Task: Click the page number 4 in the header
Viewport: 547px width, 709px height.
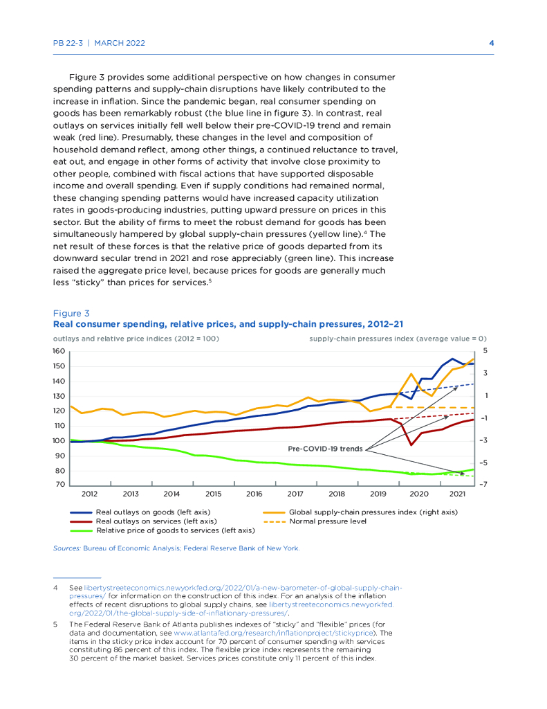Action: [491, 43]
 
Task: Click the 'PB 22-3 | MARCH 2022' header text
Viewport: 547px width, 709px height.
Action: [99, 43]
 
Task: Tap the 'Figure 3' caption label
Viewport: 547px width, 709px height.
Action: [71, 313]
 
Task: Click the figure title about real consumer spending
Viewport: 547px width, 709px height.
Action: [228, 323]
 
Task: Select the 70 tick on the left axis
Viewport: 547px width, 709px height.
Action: [61, 485]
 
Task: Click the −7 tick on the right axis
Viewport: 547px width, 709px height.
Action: [486, 485]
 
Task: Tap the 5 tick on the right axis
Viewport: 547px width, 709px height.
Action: [485, 350]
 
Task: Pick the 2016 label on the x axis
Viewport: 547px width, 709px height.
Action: [254, 494]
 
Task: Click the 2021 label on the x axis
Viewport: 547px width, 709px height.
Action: [457, 494]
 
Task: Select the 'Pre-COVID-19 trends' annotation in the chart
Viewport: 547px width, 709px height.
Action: [325, 449]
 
